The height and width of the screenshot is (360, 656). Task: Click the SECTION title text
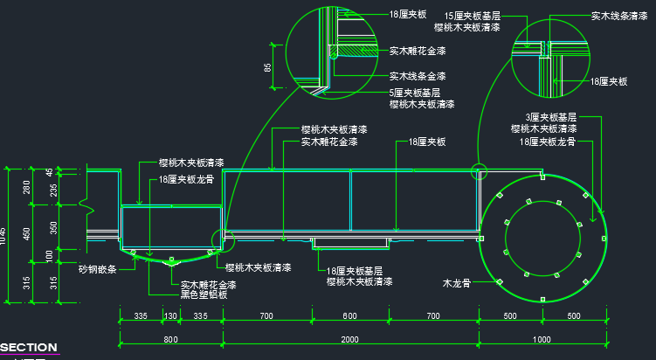[29, 347]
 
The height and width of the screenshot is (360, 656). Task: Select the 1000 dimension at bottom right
[541, 339]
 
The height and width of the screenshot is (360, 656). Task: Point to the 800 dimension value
[170, 339]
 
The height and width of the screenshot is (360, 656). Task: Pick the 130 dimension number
[170, 315]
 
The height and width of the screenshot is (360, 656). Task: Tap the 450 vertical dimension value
[27, 234]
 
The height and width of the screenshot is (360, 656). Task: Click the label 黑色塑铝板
[204, 294]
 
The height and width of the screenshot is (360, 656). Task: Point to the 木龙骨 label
[456, 283]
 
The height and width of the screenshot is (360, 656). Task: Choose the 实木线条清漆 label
[618, 16]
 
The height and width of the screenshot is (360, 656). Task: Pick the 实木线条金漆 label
[418, 76]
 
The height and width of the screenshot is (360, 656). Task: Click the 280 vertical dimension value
[27, 186]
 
